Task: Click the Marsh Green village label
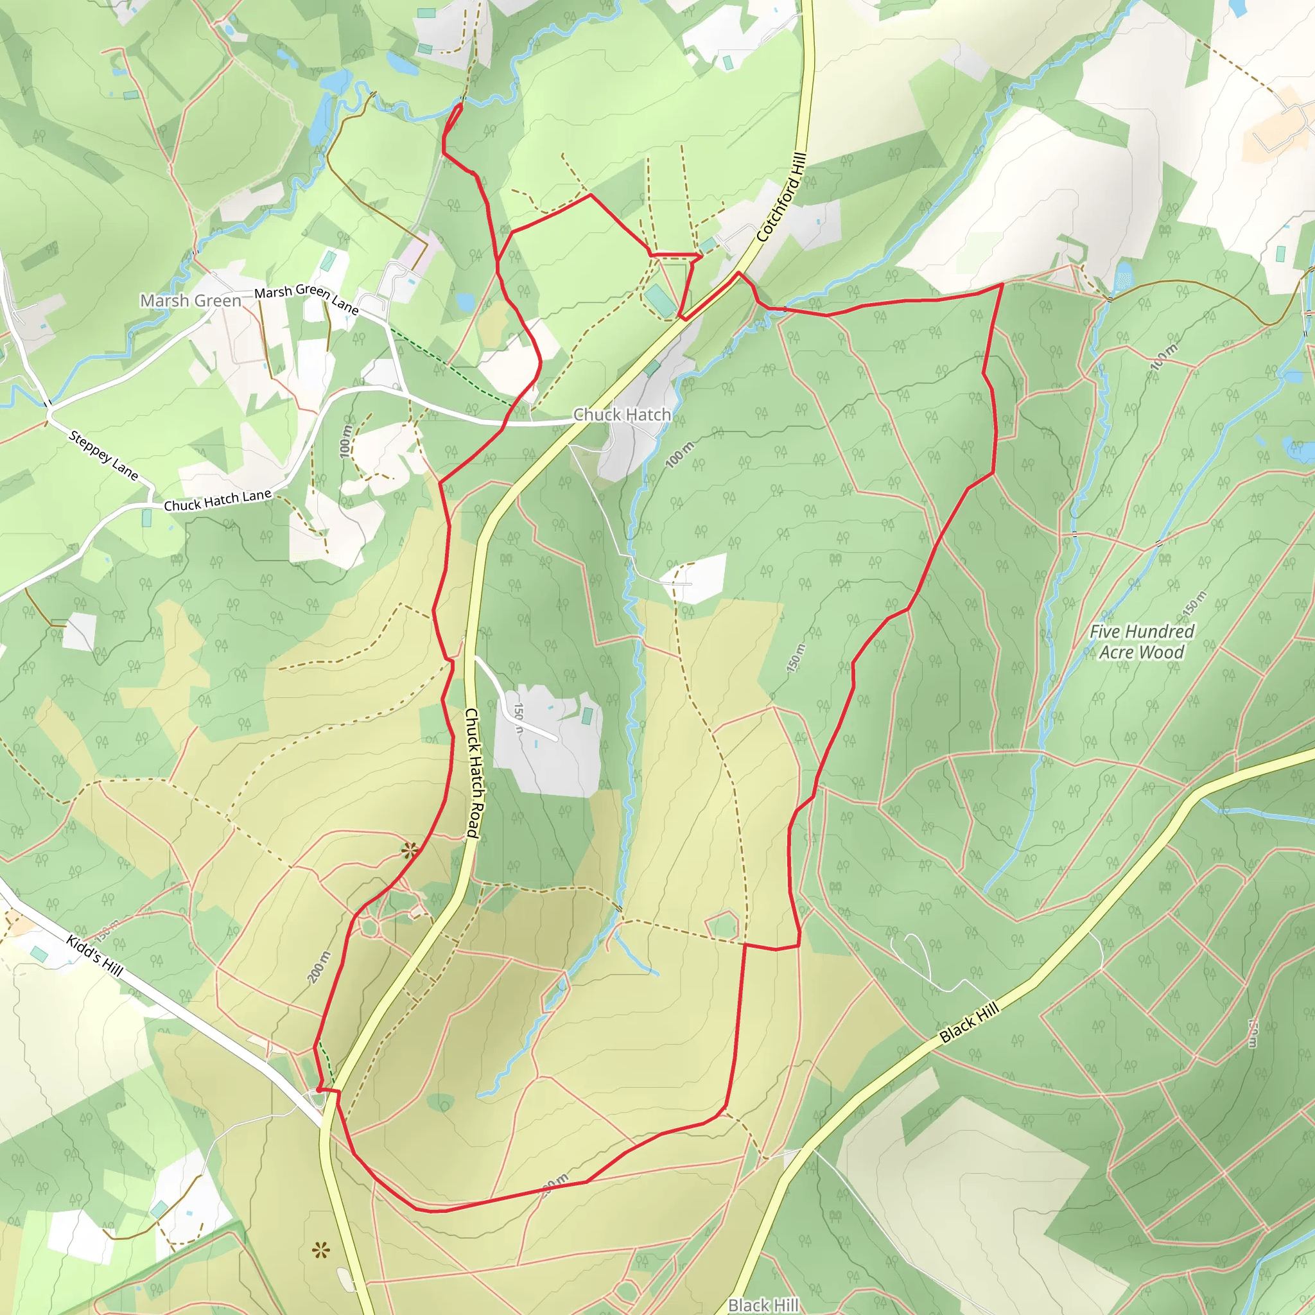click(x=191, y=300)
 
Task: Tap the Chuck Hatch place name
click(x=622, y=414)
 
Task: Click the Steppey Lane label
click(x=103, y=455)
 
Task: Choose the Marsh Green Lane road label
click(x=306, y=297)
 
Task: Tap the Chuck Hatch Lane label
click(x=217, y=500)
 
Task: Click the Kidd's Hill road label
click(x=94, y=955)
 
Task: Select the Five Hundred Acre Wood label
click(x=1142, y=641)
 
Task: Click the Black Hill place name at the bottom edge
click(x=762, y=1304)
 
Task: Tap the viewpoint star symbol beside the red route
click(x=409, y=850)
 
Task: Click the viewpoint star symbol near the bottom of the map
click(x=321, y=1250)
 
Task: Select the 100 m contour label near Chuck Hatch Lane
click(x=346, y=441)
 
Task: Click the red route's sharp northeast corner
click(x=1002, y=284)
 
